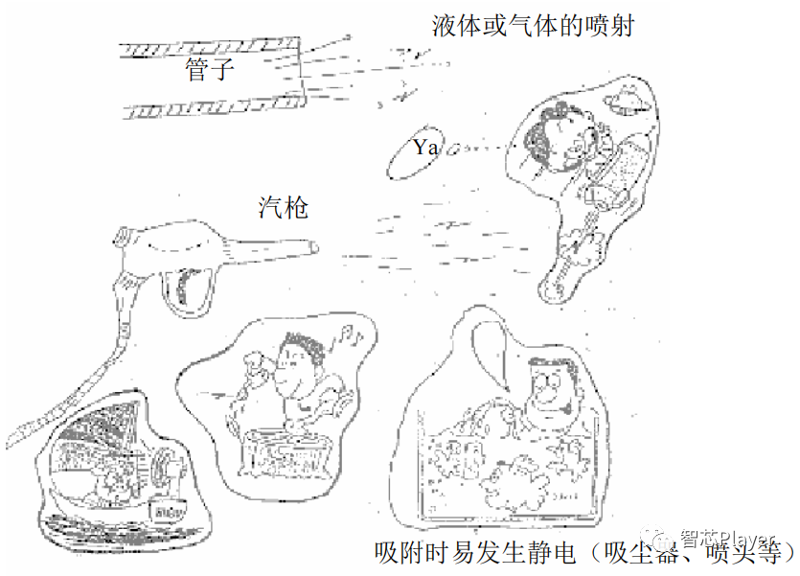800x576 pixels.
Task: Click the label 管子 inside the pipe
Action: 209,69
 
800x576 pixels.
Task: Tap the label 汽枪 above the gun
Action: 283,206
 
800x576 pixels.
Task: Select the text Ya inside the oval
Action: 425,148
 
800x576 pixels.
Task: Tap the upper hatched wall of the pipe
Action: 211,43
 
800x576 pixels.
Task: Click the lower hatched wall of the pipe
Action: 211,107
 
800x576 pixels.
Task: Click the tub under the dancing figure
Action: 286,458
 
